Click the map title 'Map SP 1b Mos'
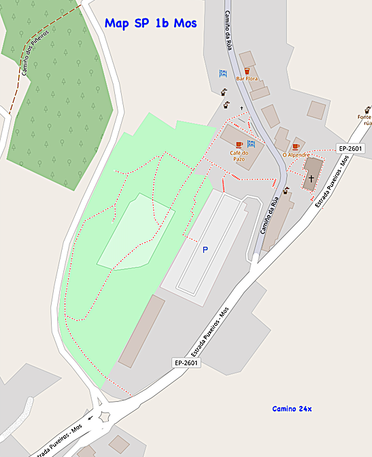click(x=151, y=23)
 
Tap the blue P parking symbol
click(x=205, y=250)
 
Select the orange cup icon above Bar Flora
click(x=248, y=70)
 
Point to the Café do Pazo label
click(x=239, y=156)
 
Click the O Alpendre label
click(x=296, y=155)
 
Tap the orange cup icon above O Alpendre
click(x=296, y=146)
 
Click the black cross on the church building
click(x=311, y=179)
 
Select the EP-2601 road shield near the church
click(x=350, y=148)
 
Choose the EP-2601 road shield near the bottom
click(x=185, y=363)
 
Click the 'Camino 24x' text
click(x=292, y=409)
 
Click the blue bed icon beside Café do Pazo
click(x=251, y=144)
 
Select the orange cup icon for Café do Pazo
click(x=239, y=145)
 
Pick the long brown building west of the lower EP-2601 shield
click(x=141, y=331)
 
